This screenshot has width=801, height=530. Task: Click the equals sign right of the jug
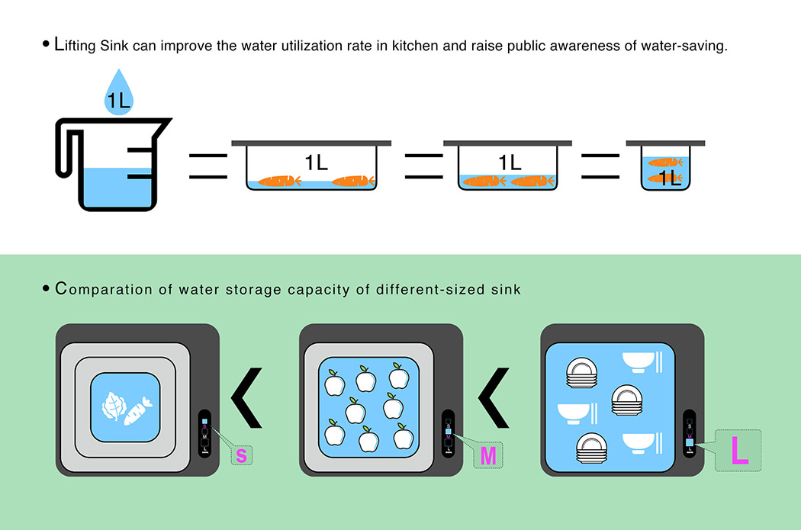click(208, 166)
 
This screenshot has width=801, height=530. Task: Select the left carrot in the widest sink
click(279, 181)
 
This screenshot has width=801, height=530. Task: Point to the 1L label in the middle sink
click(509, 162)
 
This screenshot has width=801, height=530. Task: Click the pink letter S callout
click(242, 456)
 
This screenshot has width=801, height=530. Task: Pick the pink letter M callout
click(488, 456)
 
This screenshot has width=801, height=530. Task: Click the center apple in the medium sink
click(354, 411)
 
